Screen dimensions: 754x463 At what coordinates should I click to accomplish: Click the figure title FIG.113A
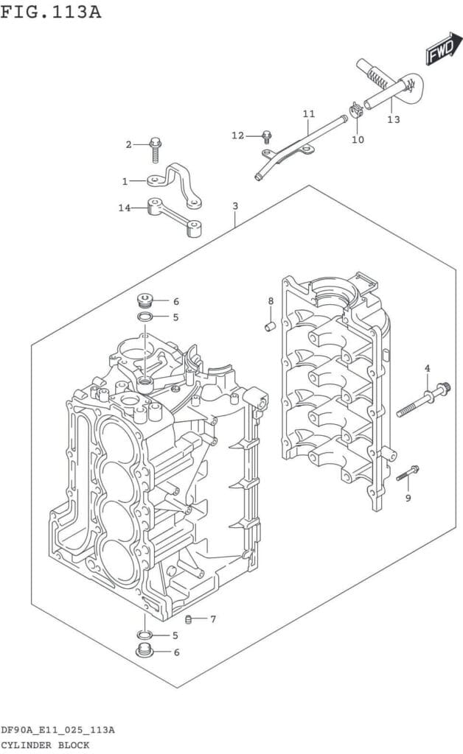(x=51, y=12)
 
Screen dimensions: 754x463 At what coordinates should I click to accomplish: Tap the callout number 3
(x=234, y=206)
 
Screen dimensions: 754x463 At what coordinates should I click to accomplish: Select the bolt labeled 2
(x=155, y=149)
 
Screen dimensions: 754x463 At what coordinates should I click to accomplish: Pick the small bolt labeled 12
(x=266, y=135)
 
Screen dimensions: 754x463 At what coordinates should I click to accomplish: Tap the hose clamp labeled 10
(x=356, y=113)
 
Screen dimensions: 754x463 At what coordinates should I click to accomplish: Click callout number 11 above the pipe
(x=308, y=113)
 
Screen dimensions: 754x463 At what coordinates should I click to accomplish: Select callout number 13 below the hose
(x=394, y=119)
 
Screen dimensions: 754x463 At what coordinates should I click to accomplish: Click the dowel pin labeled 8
(x=270, y=325)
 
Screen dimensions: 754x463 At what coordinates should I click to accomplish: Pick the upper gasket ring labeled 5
(x=146, y=317)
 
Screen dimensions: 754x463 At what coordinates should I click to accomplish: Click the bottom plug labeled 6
(x=145, y=651)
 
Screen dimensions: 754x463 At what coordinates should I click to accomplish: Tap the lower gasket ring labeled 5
(x=145, y=635)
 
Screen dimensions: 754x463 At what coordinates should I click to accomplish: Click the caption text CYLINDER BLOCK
(x=46, y=745)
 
